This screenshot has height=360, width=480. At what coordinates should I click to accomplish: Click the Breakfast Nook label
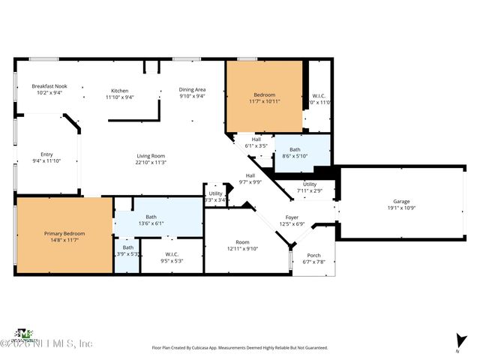click(x=49, y=88)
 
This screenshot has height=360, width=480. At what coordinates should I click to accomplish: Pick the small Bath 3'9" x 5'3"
click(x=127, y=250)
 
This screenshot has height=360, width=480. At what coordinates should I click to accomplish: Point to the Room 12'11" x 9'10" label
click(x=241, y=245)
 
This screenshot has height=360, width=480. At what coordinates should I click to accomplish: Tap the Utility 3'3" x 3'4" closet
click(x=215, y=196)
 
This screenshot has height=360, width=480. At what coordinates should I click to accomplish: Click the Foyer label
click(x=291, y=220)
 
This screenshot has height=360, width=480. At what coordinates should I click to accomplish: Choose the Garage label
click(x=401, y=204)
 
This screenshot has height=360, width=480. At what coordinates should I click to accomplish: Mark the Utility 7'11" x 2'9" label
click(x=309, y=187)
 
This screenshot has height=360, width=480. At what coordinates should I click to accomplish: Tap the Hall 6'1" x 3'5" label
click(x=256, y=142)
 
